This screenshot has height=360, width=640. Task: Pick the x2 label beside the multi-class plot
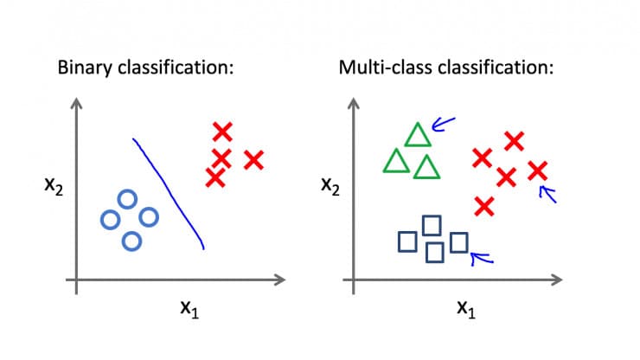click(x=330, y=184)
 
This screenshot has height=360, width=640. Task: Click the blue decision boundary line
click(x=170, y=190)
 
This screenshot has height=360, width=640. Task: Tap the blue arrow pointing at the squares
click(x=481, y=255)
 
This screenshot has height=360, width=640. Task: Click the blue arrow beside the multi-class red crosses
click(x=547, y=193)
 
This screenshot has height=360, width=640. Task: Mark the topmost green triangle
click(x=418, y=135)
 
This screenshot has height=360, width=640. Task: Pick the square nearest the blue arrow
click(x=459, y=242)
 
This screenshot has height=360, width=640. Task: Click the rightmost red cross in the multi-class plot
click(x=537, y=170)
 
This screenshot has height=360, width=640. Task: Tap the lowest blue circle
click(x=131, y=241)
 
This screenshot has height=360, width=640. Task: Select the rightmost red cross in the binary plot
click(x=253, y=159)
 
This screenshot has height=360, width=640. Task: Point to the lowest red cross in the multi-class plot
click(x=484, y=206)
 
